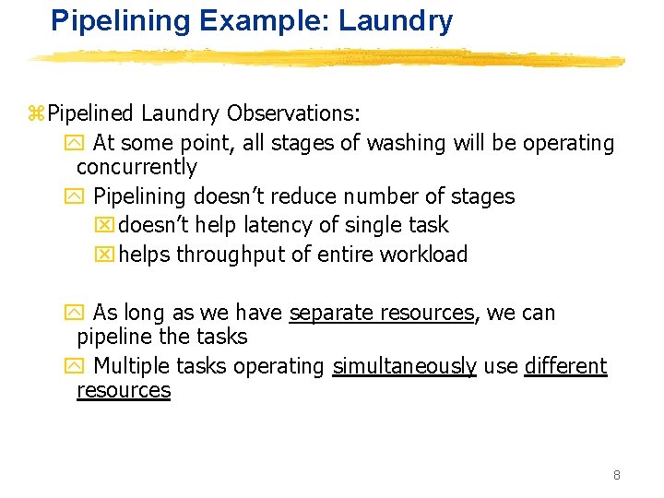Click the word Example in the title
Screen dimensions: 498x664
(237, 20)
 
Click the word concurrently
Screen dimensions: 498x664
(136, 167)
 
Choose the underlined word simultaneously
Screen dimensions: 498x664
(405, 366)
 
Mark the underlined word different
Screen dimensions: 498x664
(566, 366)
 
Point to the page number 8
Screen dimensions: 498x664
(616, 475)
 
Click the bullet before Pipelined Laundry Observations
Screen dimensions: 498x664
(37, 113)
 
